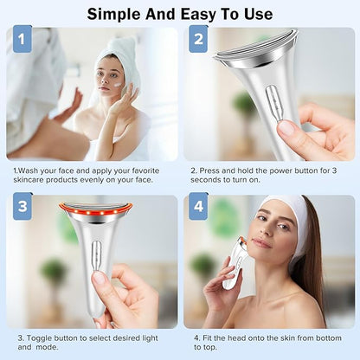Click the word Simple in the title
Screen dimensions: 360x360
tap(114, 15)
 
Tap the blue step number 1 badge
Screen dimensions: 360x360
tap(22, 39)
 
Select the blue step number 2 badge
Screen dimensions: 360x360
tap(198, 39)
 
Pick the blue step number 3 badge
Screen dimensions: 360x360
tap(22, 206)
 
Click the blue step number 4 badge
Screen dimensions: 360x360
tap(198, 206)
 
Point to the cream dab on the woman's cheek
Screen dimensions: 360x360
tap(119, 85)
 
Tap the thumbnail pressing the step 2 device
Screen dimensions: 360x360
tap(286, 128)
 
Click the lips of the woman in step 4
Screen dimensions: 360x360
tap(260, 243)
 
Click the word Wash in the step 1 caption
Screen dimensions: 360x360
tap(28, 170)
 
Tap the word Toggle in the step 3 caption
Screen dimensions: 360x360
tap(39, 338)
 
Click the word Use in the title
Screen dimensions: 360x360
tap(259, 15)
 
